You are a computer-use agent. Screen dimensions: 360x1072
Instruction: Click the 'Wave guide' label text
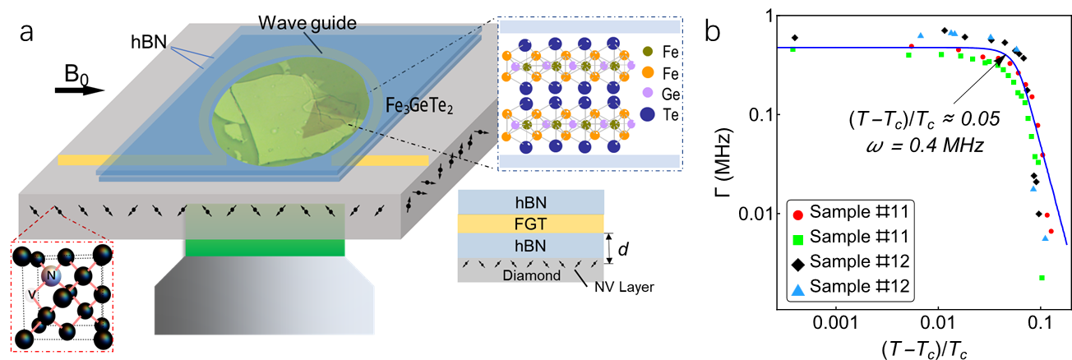coord(307,23)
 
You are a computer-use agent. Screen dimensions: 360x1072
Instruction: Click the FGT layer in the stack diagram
coord(531,224)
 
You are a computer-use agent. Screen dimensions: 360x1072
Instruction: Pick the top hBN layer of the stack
coord(531,201)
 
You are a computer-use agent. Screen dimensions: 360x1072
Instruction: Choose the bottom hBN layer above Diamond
coord(531,246)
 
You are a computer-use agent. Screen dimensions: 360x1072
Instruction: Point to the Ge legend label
coord(670,95)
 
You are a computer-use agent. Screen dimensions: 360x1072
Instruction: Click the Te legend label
coord(670,116)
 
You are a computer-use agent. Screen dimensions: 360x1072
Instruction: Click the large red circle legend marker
coord(797,215)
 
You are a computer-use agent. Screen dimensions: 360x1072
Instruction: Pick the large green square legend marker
coord(797,241)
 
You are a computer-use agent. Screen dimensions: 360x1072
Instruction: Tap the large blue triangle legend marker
coord(797,290)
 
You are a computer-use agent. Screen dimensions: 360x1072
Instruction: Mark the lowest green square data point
coord(1042,279)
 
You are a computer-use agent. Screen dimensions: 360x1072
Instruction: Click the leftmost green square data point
coord(792,49)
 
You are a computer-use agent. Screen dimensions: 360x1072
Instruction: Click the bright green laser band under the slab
coord(265,247)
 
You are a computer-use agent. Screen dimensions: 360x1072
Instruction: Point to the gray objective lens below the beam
coord(264,300)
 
